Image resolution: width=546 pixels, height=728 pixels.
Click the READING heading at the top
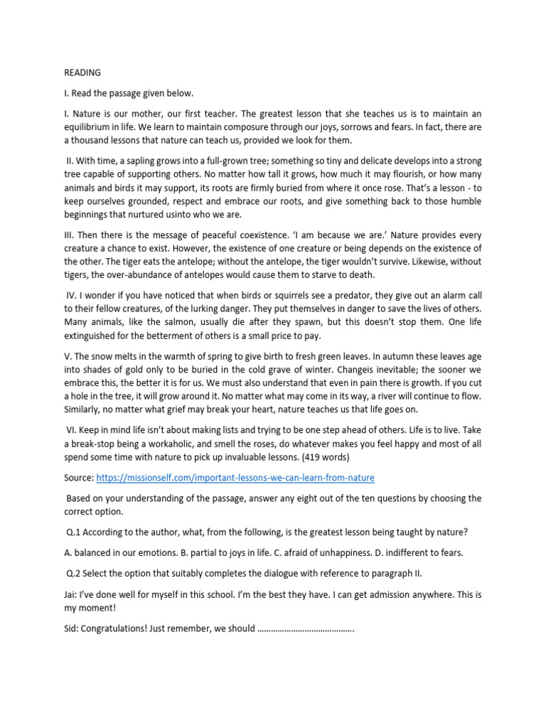[82, 73]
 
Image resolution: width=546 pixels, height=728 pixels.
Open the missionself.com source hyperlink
[235, 477]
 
